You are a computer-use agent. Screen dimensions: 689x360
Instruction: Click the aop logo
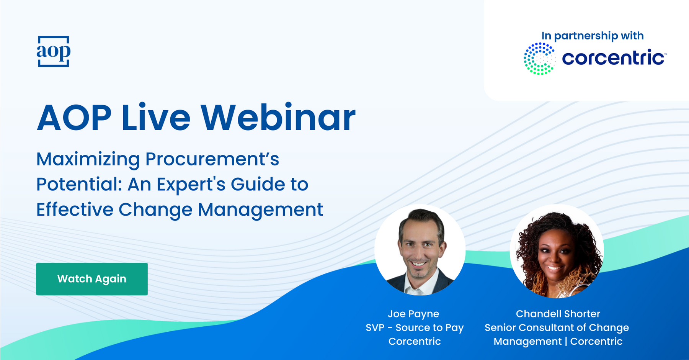[x=54, y=51]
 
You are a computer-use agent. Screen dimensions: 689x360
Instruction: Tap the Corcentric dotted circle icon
[x=539, y=59]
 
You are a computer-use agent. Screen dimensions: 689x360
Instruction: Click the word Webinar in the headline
[x=278, y=118]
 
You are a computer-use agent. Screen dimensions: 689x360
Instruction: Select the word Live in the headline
[x=156, y=118]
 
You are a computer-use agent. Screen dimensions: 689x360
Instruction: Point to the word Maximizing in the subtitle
[x=88, y=160]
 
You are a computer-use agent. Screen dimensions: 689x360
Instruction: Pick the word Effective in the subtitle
[x=75, y=209]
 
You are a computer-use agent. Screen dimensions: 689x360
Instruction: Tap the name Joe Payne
[x=413, y=314]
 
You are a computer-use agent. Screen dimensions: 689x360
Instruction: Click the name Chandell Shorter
[x=558, y=314]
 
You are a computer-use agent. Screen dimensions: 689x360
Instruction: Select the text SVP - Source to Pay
[x=415, y=328]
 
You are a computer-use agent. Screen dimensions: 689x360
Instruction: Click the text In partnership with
[x=593, y=36]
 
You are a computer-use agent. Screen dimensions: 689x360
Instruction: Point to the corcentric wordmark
[x=614, y=58]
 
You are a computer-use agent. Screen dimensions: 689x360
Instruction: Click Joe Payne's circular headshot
[x=420, y=250]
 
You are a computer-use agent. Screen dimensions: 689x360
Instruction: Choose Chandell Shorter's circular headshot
[x=557, y=251]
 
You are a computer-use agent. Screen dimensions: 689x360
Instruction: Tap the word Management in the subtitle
[x=260, y=210]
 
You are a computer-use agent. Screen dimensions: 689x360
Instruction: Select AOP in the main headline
[x=74, y=118]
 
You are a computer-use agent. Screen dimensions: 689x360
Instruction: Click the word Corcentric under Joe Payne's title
[x=415, y=341]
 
